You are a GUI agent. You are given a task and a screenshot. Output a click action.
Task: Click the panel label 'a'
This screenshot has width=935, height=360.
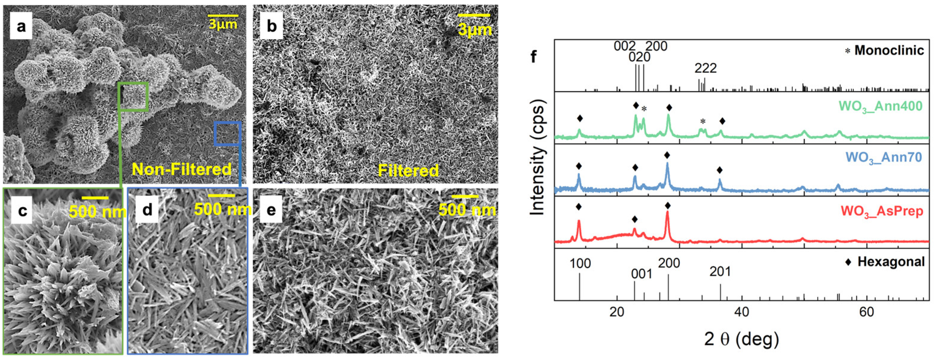click(x=21, y=27)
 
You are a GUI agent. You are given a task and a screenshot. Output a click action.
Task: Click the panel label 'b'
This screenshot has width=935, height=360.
click(x=272, y=27)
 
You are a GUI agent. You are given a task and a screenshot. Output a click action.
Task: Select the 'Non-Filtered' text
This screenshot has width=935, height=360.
click(x=182, y=169)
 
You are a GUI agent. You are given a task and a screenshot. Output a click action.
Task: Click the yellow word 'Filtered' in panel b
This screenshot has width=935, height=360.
click(x=408, y=171)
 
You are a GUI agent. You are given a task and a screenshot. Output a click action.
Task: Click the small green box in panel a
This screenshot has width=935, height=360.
click(x=133, y=96)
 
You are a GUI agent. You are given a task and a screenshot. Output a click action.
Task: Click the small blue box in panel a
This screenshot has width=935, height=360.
click(x=227, y=134)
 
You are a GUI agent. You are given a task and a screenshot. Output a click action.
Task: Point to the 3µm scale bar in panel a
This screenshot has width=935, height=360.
click(x=223, y=16)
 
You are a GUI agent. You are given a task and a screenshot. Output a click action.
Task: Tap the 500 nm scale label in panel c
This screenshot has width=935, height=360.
click(x=97, y=212)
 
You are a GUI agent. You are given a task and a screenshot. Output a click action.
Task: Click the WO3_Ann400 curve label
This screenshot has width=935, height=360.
click(x=880, y=106)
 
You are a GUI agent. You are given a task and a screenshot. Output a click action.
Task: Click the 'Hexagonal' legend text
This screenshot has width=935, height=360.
click(x=891, y=262)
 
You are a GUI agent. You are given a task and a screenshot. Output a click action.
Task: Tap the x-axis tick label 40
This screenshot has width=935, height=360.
click(x=741, y=312)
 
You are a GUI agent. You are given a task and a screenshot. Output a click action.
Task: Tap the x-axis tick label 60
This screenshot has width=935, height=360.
click(x=866, y=312)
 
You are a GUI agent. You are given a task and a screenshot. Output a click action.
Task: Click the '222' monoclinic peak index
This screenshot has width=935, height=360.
click(x=706, y=68)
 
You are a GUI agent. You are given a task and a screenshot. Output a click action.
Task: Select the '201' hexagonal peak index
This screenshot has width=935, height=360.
click(x=720, y=272)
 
